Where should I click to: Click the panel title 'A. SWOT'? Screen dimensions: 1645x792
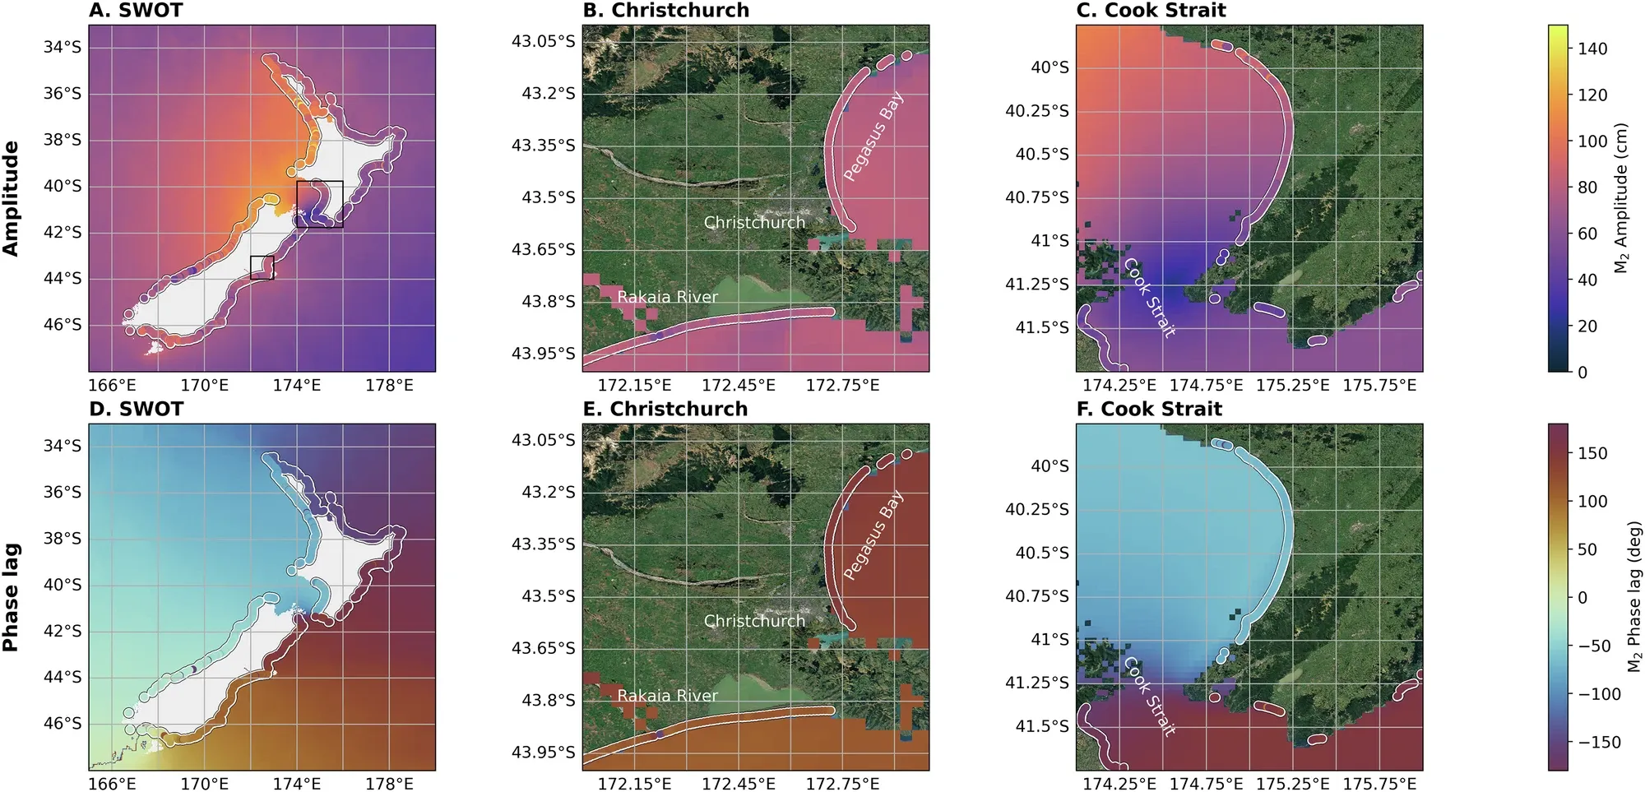[x=136, y=11]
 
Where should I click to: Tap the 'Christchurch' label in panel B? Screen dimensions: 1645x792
[x=754, y=222]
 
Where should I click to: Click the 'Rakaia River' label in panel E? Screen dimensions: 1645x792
[x=667, y=696]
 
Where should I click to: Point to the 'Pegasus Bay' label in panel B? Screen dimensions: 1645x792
[x=873, y=136]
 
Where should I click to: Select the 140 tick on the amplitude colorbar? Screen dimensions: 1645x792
[x=1592, y=49]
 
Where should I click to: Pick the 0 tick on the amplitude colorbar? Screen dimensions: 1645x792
[x=1582, y=372]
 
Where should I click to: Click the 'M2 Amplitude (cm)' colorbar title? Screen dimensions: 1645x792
[x=1620, y=198]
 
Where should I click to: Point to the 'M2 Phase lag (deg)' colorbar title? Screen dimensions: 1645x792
[x=1633, y=596]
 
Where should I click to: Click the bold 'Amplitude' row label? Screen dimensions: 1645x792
[x=11, y=198]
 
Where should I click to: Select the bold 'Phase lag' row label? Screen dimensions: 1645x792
[x=11, y=597]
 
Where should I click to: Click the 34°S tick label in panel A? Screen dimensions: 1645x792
[x=63, y=47]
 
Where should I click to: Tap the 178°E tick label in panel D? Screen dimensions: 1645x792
[x=389, y=784]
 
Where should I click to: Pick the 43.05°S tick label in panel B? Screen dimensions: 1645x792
[x=544, y=41]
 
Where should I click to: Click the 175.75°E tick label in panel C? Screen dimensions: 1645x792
[x=1380, y=385]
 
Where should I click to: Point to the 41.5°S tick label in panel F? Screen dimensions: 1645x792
[x=1042, y=726]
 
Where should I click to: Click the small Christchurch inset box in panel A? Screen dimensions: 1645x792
[x=262, y=267]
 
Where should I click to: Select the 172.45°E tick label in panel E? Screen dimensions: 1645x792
[x=739, y=784]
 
